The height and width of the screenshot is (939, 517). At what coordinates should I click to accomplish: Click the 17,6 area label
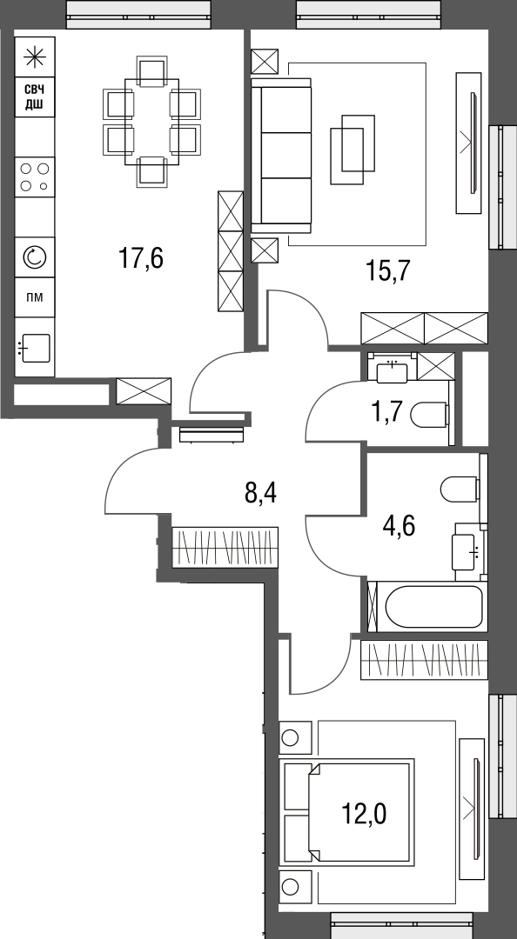[x=141, y=259]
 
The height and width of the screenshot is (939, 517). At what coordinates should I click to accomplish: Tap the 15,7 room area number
[x=387, y=271]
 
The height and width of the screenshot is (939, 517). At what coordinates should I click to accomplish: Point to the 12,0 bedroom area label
[x=364, y=814]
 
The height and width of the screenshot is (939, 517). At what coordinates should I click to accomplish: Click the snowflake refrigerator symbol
[x=35, y=57]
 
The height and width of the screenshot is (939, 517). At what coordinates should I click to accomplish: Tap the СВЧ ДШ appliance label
[x=35, y=97]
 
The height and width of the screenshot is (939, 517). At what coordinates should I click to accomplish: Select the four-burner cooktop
[x=35, y=176]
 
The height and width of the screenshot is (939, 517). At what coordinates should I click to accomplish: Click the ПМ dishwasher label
[x=35, y=297]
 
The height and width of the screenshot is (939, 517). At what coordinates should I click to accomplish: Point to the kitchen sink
[x=35, y=347]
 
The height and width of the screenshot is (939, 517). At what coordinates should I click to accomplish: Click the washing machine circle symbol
[x=35, y=256]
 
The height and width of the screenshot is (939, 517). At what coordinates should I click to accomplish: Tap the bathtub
[x=433, y=606]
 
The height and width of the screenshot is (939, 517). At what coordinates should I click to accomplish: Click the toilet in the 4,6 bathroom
[x=460, y=489]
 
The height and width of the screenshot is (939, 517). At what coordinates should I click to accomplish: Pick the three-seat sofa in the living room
[x=281, y=156]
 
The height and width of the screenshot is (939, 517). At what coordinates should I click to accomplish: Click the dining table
[x=151, y=122]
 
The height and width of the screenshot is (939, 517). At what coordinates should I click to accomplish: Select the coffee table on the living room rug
[x=352, y=150]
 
